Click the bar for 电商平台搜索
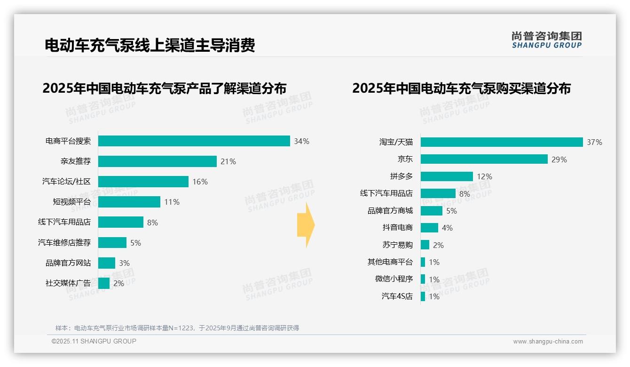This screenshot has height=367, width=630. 194,141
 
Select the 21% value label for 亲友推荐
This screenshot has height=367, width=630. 228,161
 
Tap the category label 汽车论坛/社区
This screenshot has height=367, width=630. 66,182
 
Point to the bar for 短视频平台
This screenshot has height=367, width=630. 129,202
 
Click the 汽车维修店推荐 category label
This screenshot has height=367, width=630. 64,243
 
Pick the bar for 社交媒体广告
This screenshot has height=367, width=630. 104,283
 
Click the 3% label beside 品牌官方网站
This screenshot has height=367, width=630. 124,263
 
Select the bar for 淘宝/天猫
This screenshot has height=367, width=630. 502,142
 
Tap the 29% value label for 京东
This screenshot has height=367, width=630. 559,160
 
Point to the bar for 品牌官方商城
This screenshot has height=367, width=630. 432,211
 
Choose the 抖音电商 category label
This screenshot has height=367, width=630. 397,228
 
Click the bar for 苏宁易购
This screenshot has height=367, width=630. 425,245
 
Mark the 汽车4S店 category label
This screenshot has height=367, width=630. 397,296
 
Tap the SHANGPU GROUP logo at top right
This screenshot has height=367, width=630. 546,40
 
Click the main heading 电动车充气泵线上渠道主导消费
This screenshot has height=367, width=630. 150,45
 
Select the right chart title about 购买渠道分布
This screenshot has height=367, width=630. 461,88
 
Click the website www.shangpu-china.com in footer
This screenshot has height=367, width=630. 548,342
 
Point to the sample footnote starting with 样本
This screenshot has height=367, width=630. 177,328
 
